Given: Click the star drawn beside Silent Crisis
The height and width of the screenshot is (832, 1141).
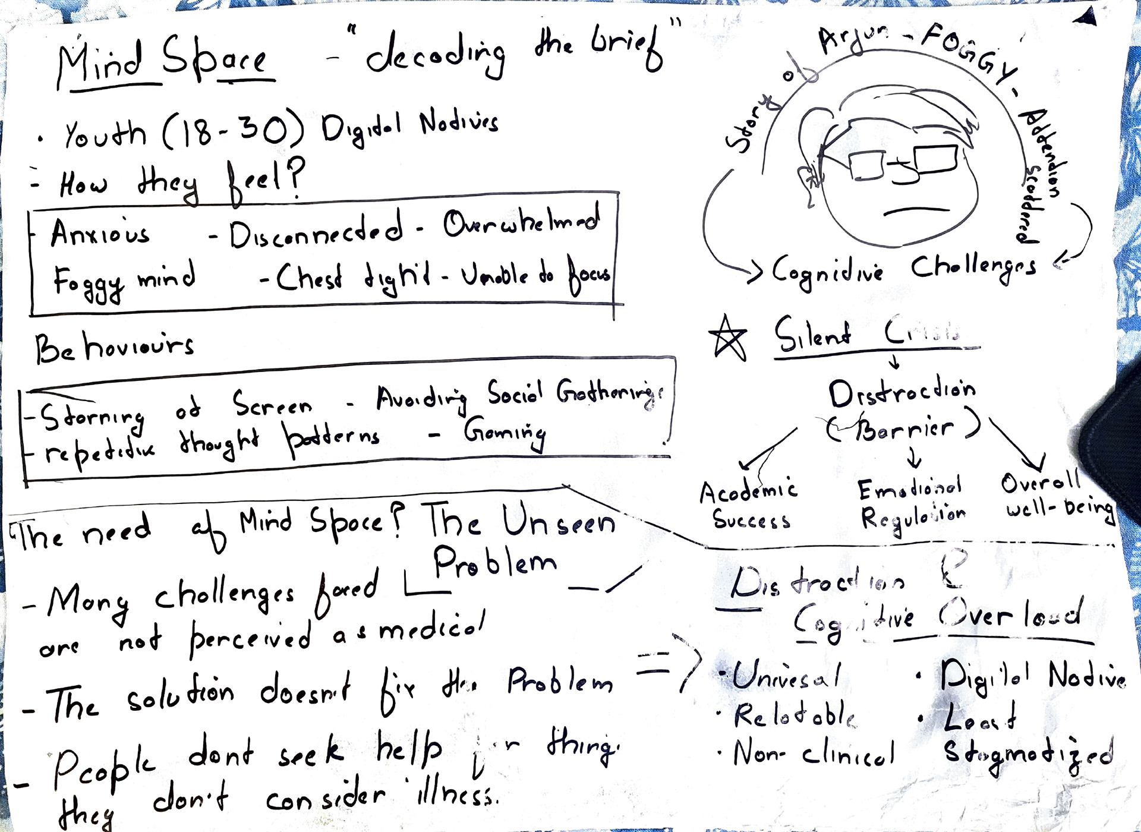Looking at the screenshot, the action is pos(728,338).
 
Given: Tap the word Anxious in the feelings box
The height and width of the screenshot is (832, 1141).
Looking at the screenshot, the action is pos(100,232).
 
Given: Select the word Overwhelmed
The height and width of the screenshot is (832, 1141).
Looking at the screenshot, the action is pos(521,222).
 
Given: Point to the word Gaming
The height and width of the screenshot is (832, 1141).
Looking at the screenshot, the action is pos(505,432).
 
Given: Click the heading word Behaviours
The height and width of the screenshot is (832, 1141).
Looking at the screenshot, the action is pos(114,347).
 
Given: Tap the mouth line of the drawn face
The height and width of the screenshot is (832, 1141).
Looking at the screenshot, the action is pos(916,210).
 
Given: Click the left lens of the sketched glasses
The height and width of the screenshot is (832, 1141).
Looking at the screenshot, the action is pos(867,165).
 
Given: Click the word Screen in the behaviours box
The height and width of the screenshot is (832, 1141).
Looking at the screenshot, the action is pos(272,405).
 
